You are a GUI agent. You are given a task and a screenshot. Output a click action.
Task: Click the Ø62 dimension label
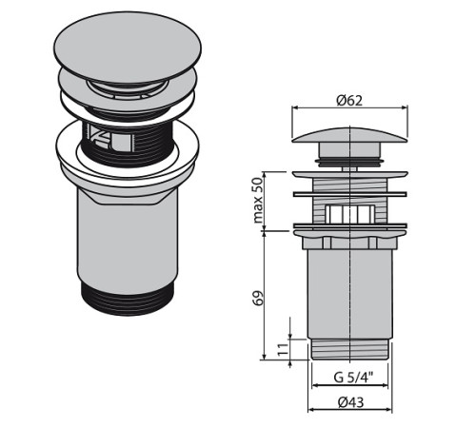[x=349, y=101]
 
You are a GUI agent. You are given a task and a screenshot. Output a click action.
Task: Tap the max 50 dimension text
[x=258, y=200]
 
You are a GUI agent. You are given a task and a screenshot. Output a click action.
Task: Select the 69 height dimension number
[x=259, y=298]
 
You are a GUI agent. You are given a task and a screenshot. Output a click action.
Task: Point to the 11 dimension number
[x=283, y=349]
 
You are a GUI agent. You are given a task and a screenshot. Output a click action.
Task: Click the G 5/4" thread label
[x=353, y=378]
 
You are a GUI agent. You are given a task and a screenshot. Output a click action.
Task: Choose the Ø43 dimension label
[x=351, y=402]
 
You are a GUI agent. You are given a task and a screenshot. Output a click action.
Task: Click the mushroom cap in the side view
[x=349, y=135]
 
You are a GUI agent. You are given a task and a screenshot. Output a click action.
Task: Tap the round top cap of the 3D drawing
[x=128, y=48]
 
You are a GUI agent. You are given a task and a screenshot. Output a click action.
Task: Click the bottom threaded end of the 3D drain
[x=128, y=299]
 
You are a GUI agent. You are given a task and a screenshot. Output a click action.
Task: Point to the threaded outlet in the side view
[x=349, y=349]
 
